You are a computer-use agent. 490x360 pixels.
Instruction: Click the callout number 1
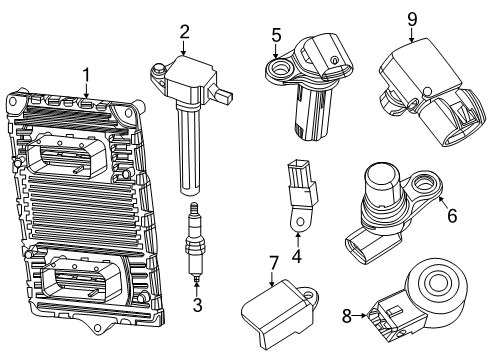click(x=87, y=75)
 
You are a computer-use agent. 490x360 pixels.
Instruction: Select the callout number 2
click(x=184, y=33)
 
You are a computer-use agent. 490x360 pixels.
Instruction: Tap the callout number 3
click(x=196, y=304)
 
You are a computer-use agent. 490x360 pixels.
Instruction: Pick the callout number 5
click(x=276, y=38)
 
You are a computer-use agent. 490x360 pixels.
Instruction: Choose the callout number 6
click(x=451, y=215)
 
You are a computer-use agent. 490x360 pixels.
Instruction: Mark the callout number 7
click(x=273, y=265)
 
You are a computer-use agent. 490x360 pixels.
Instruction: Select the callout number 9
click(x=411, y=19)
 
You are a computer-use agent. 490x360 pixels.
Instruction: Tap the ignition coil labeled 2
click(x=189, y=110)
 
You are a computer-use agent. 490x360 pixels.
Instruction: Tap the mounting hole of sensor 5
click(x=276, y=69)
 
